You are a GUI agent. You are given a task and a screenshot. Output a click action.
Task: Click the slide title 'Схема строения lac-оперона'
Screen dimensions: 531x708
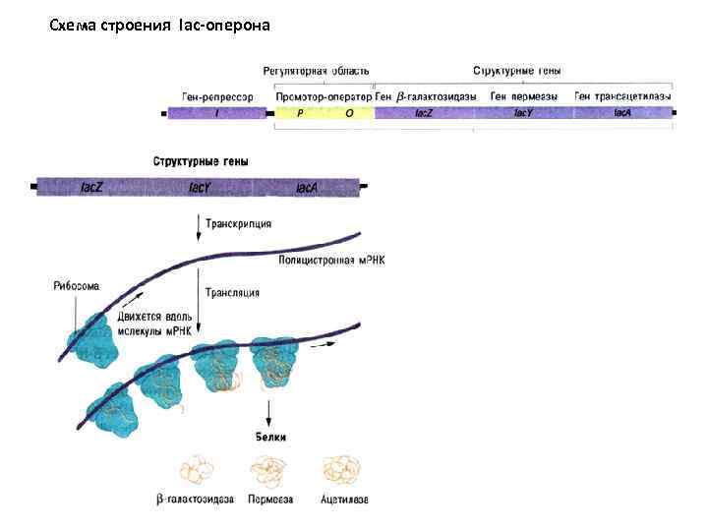[159, 25]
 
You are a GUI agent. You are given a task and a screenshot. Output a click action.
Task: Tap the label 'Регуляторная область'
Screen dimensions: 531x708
[316, 71]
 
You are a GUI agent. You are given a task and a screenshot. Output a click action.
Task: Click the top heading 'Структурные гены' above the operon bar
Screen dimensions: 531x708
[517, 71]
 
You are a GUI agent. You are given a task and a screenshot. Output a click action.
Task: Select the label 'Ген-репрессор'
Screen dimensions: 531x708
[217, 96]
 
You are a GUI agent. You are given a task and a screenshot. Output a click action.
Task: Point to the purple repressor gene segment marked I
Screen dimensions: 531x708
[217, 113]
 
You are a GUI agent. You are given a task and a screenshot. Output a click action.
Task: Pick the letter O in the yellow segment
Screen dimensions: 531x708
[348, 113]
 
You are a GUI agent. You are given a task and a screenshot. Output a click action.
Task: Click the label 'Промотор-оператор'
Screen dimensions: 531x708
[324, 96]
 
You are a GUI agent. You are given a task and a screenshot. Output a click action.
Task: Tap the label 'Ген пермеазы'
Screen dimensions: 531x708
[524, 96]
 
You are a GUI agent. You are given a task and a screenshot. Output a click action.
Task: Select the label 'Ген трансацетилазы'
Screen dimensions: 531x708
[623, 96]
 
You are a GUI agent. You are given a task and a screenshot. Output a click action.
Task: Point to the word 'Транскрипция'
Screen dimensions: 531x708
[238, 223]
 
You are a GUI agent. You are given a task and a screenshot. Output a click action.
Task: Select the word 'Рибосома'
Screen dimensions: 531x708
[76, 286]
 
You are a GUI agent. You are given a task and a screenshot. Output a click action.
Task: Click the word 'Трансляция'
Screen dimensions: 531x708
[233, 292]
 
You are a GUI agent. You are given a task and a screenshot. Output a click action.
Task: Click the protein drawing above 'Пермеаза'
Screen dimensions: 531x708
[266, 469]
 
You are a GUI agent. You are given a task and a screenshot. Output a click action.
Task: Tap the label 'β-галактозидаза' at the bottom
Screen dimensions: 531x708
[195, 500]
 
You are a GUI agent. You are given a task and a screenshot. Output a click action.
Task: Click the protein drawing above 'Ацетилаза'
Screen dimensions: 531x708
[343, 468]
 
